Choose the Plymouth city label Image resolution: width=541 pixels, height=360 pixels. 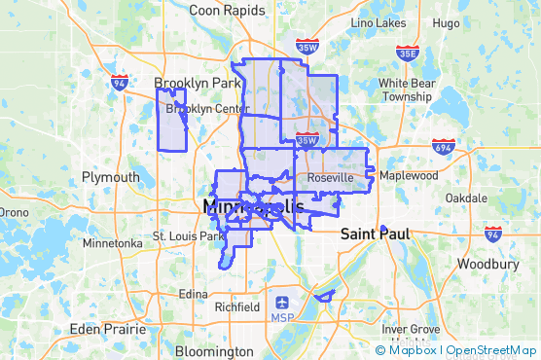[x=110, y=177]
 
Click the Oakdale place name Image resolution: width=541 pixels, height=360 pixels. [x=466, y=198]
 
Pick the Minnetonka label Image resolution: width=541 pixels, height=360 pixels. [x=113, y=243]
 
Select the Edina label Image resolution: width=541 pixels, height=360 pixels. [x=194, y=294]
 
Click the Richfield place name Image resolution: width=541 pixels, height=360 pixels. [x=236, y=306]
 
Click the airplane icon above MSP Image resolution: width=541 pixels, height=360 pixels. [x=282, y=302]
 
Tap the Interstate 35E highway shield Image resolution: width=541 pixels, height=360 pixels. [x=409, y=54]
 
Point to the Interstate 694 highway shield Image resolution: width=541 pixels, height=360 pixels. [x=444, y=146]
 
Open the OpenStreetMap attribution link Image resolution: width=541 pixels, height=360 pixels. [x=492, y=349]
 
